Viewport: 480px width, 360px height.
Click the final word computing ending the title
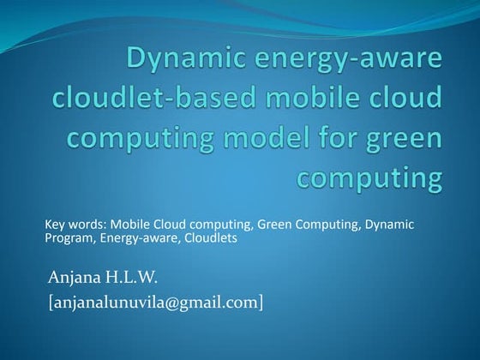pos(370,177)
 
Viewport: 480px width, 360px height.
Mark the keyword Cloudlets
pos(210,238)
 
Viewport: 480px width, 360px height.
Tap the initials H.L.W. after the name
pos(133,276)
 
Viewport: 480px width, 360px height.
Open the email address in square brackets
pos(155,302)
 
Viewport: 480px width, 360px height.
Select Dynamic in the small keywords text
pos(390,225)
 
